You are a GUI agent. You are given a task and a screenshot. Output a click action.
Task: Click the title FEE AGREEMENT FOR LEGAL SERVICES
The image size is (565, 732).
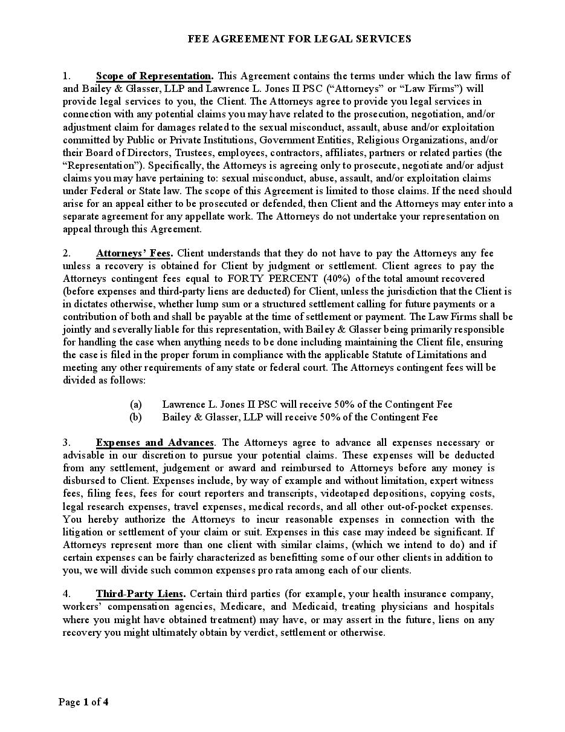point(300,39)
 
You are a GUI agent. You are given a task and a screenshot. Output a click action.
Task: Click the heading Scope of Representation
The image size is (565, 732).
point(154,76)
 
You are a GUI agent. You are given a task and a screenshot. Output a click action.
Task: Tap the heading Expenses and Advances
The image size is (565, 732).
point(155,443)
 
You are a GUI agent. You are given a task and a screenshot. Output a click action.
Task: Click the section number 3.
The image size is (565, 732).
point(67,443)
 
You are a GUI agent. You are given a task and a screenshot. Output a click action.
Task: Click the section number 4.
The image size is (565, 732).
point(67,594)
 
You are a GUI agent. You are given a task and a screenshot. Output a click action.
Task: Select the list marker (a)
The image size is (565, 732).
point(136,404)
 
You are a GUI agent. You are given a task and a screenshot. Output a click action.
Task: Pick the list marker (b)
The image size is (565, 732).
point(136,417)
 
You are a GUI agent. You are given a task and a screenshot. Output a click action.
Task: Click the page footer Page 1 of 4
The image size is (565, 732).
point(83,702)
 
